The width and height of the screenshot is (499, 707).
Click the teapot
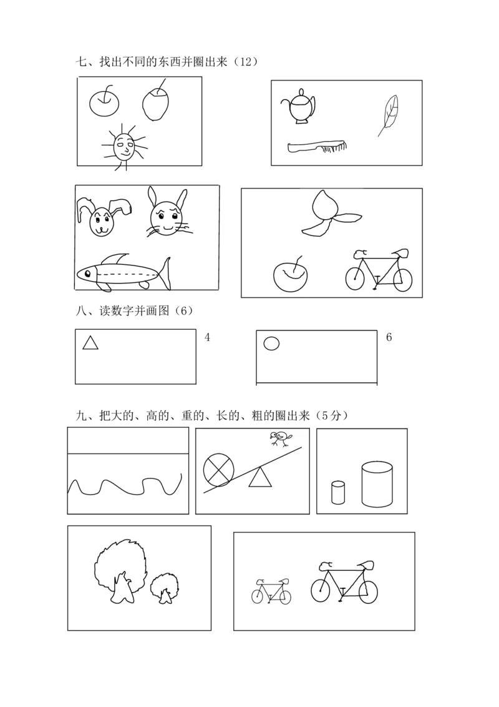coord(300,107)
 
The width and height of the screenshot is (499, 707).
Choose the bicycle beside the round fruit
coord(379,272)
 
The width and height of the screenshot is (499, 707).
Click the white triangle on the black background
coord(90,343)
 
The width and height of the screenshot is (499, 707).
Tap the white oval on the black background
coord(271,343)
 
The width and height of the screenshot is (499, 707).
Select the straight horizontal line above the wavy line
coord(127,453)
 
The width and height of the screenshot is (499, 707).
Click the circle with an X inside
coord(219,470)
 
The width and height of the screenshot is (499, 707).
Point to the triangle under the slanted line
coord(260,479)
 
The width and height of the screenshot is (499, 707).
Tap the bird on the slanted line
coord(279,440)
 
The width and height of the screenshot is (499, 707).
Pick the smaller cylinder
coord(338,492)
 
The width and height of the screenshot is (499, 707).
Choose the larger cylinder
coord(377,484)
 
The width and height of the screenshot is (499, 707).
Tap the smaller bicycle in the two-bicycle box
coord(271,591)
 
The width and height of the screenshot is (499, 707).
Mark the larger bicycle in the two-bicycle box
coord(344,583)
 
